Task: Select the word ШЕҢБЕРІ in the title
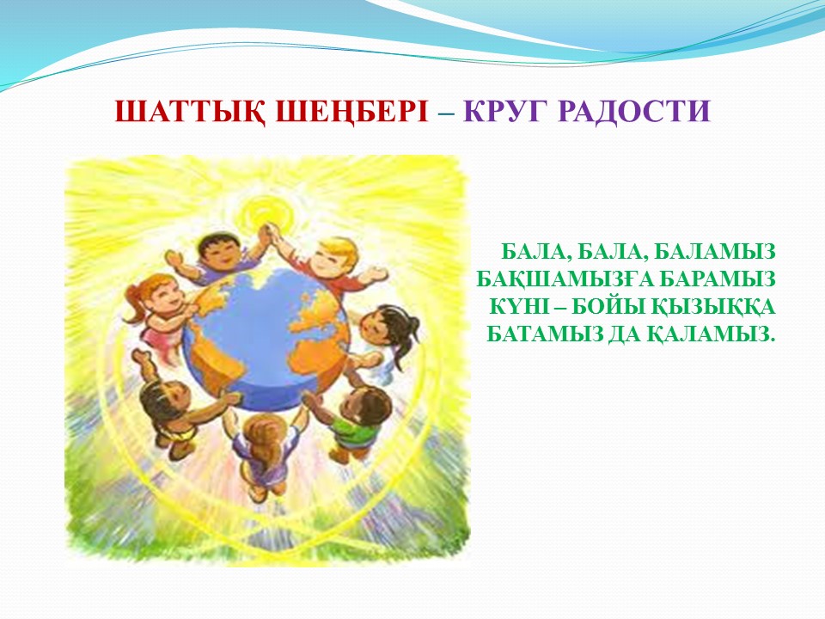tap(351, 112)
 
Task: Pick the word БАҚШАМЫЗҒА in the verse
tap(565, 279)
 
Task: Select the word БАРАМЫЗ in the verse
tap(718, 279)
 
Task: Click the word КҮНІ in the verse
tap(519, 307)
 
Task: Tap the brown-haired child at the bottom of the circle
tap(263, 447)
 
